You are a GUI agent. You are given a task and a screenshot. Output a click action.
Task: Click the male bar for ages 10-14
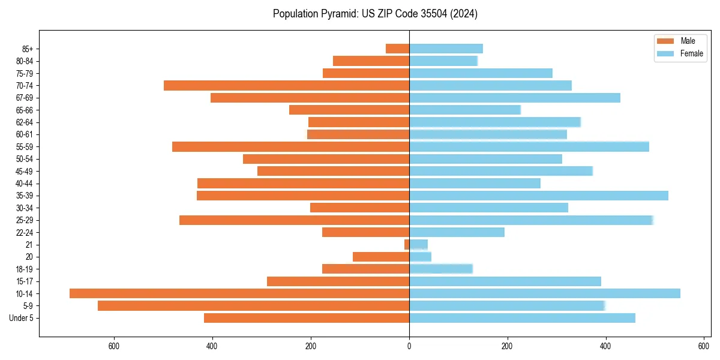click(x=239, y=293)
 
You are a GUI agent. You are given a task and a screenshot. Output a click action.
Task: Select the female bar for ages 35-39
click(x=538, y=196)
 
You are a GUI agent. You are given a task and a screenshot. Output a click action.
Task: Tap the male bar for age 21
click(x=407, y=245)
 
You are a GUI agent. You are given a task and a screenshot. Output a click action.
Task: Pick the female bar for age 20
click(x=420, y=257)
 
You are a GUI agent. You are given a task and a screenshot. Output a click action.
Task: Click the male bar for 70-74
click(x=286, y=86)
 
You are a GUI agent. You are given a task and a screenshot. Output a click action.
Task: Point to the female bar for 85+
click(x=446, y=49)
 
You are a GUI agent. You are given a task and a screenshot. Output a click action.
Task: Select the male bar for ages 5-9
click(x=253, y=306)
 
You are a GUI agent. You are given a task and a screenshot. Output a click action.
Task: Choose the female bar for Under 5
click(x=522, y=318)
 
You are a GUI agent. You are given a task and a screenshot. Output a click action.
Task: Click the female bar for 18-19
click(x=441, y=269)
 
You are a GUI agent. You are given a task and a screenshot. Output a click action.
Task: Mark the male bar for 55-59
click(x=290, y=147)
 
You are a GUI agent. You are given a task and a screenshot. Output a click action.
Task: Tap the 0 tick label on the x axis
click(x=409, y=346)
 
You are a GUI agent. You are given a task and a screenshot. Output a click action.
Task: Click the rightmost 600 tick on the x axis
click(x=704, y=346)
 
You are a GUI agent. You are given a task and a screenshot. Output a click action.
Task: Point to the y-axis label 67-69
click(x=25, y=98)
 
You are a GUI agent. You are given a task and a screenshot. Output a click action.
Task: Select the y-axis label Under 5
click(x=22, y=318)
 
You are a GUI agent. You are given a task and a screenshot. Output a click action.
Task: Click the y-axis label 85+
click(x=28, y=49)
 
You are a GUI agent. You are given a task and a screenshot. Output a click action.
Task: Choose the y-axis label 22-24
click(x=25, y=233)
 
